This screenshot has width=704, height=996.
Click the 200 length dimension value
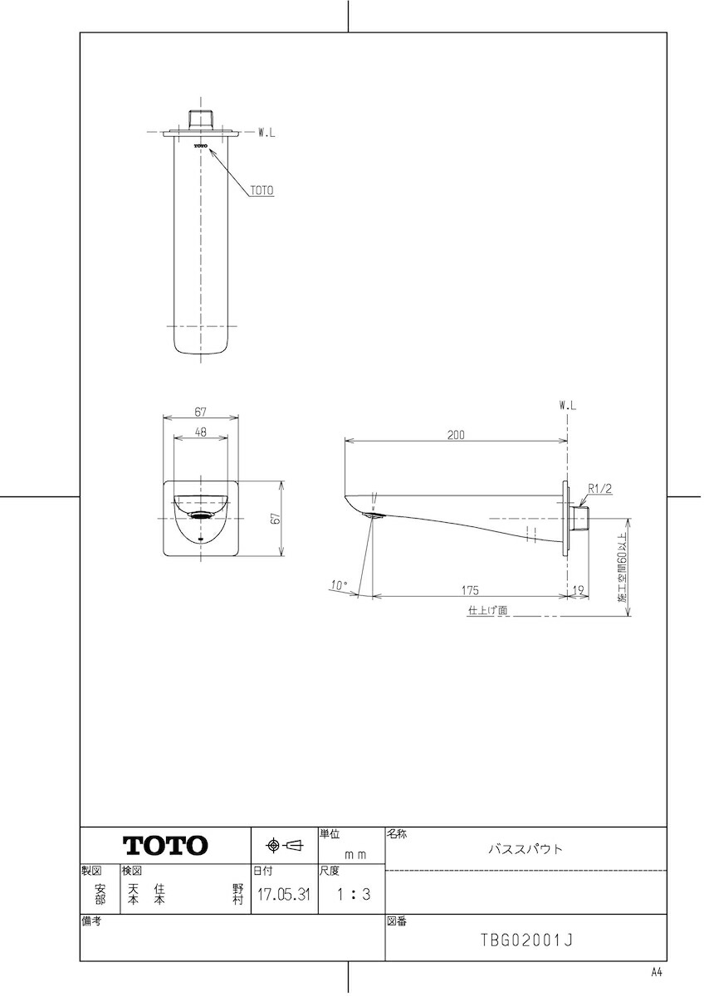456,435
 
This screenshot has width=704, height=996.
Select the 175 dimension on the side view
470,590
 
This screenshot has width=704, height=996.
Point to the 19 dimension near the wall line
578,590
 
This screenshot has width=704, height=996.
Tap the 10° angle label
339,586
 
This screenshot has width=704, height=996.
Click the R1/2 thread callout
600,489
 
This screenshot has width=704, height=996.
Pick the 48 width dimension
201,432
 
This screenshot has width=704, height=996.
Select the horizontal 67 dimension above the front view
201,413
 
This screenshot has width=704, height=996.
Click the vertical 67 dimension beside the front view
276,518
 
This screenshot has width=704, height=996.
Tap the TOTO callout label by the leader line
262,191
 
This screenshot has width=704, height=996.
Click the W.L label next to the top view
266,133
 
